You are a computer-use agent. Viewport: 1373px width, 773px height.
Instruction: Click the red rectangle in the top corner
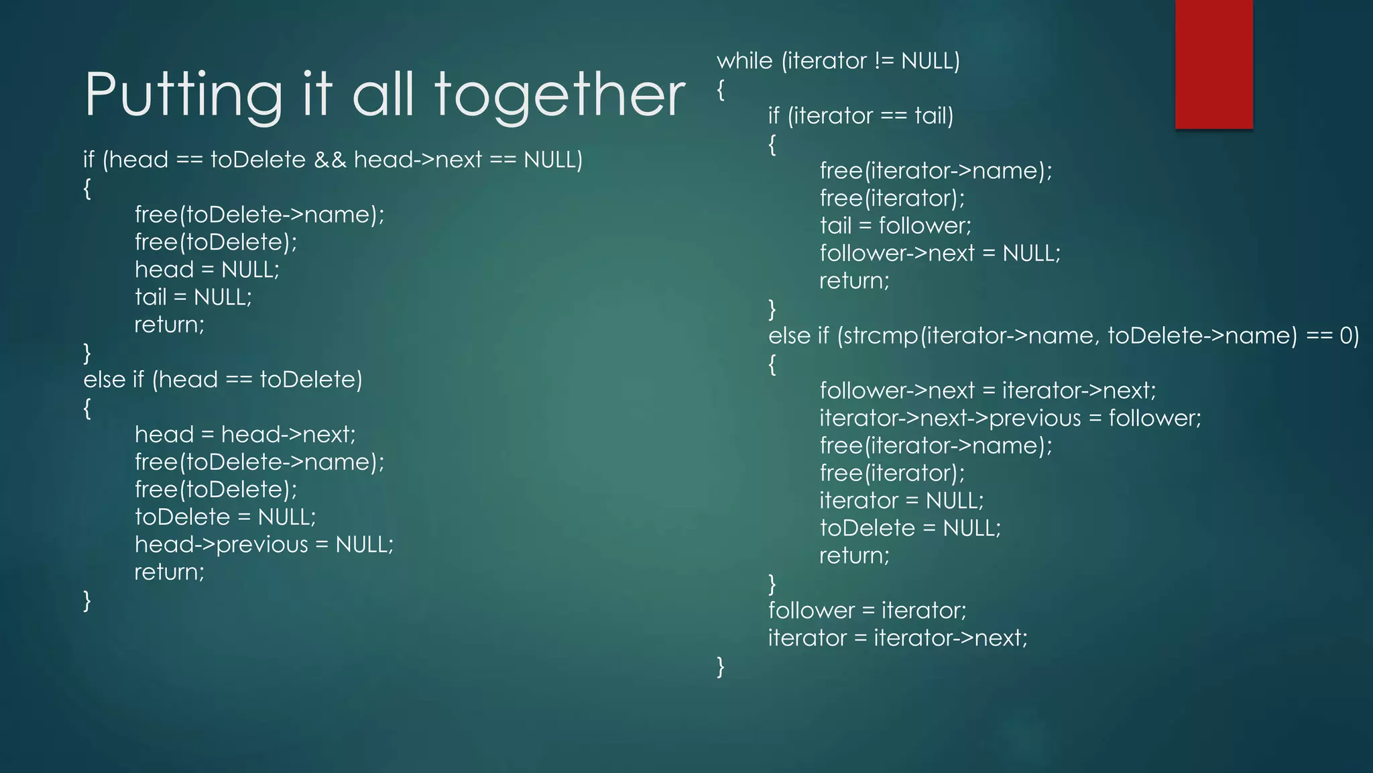click(1213, 64)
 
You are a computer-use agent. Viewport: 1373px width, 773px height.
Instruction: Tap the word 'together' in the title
click(560, 95)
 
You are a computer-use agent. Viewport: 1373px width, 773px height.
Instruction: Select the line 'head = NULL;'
click(206, 270)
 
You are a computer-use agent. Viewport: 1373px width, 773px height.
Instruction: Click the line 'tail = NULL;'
click(193, 297)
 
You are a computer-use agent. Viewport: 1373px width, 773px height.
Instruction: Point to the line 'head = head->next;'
click(245, 435)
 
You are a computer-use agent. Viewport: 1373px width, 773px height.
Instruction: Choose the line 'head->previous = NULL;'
click(264, 545)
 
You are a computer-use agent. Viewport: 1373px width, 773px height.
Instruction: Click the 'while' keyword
click(744, 61)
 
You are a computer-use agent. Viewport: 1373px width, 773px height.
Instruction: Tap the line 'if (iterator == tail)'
click(861, 116)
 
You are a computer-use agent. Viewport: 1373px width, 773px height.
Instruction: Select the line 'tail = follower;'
click(895, 225)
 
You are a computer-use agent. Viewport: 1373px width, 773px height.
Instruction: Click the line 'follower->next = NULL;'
click(940, 254)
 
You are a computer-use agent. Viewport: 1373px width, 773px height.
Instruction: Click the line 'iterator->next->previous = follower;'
click(1010, 419)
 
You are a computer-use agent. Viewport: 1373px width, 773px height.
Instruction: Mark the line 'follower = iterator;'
click(868, 611)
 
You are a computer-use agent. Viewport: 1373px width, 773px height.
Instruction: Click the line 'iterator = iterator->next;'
click(898, 638)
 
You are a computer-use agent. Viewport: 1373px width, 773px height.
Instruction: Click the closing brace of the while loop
click(721, 666)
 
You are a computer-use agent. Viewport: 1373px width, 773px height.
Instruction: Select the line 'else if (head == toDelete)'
click(223, 380)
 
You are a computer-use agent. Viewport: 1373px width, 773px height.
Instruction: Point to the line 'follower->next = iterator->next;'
click(988, 391)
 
